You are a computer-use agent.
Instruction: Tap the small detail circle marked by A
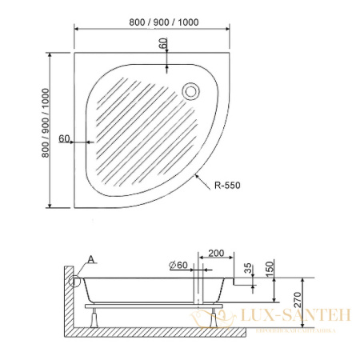tap(78, 279)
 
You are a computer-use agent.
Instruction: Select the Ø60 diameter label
tap(178, 264)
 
